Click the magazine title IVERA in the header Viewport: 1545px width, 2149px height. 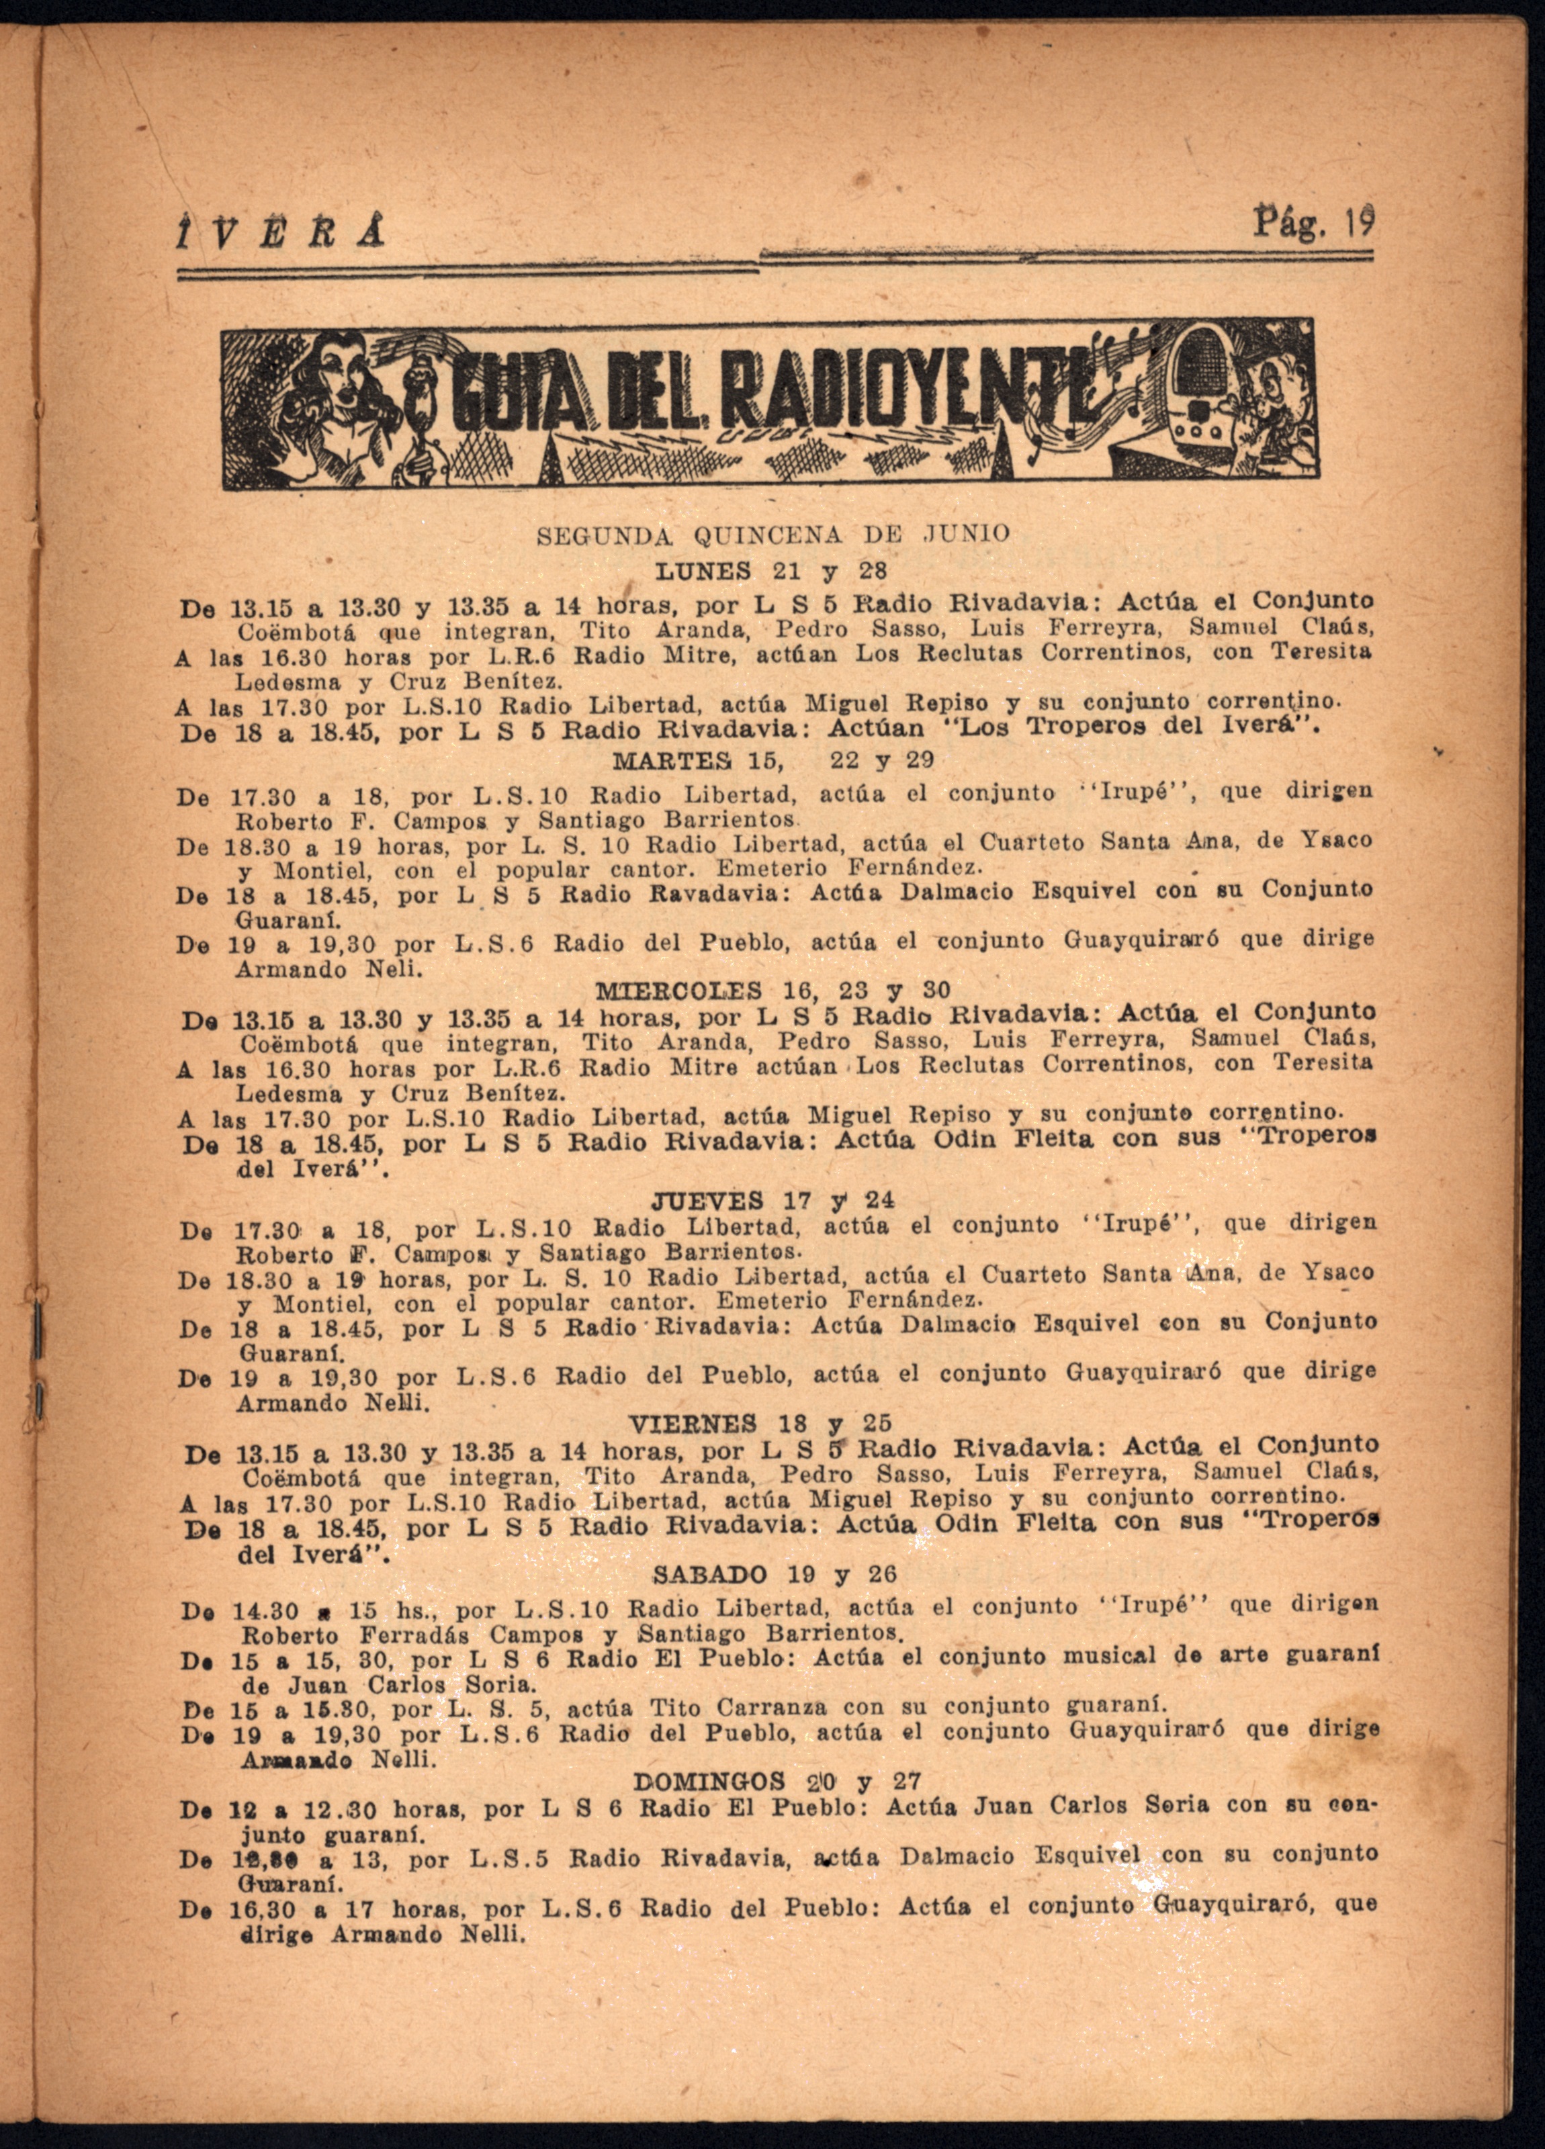point(281,230)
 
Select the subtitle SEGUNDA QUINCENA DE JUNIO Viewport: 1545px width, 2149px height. point(772,535)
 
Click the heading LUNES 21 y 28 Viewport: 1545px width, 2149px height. point(772,571)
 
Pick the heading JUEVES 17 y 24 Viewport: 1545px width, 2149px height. point(772,1201)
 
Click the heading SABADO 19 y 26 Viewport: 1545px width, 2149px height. point(773,1574)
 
